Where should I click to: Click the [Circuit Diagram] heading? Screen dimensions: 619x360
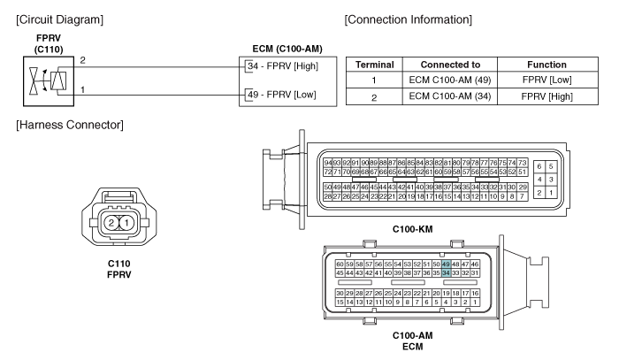tap(59, 19)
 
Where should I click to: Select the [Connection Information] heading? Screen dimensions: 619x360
tap(409, 19)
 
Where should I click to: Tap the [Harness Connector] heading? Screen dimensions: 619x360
tap(70, 125)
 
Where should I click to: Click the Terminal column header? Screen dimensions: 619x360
tap(375, 65)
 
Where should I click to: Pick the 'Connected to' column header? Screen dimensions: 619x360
tap(450, 65)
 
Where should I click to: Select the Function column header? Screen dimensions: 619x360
tap(546, 65)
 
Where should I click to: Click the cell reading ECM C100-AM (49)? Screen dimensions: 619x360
tap(450, 80)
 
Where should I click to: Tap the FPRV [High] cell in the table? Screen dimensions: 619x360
tap(546, 96)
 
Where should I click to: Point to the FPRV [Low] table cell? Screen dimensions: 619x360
tap(546, 80)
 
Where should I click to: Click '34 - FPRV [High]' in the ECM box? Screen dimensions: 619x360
tap(283, 66)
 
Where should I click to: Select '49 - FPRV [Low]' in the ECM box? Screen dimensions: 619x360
tap(282, 95)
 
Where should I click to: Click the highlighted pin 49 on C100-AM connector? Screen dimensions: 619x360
tap(446, 264)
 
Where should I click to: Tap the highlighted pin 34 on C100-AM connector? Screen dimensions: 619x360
tap(446, 272)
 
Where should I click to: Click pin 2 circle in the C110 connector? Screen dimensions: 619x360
tap(111, 223)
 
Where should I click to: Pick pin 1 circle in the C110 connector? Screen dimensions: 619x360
tap(126, 223)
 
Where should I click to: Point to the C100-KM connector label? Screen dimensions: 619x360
tap(413, 229)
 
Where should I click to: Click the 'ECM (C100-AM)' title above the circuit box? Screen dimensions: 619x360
tap(287, 49)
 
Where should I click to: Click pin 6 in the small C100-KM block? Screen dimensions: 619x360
tap(539, 166)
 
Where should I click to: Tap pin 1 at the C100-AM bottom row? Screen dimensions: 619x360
tap(475, 302)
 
